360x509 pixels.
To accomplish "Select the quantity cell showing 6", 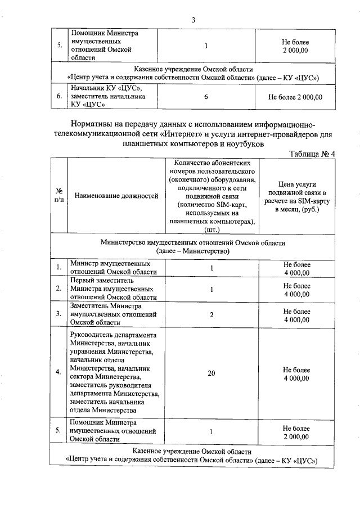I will tap(206, 97).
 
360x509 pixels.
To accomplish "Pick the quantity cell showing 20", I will tap(211, 372).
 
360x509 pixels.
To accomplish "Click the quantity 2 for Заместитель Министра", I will tap(211, 314).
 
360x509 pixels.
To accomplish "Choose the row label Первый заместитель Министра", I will tap(113, 289).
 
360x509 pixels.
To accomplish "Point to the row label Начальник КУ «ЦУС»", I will tap(108, 96).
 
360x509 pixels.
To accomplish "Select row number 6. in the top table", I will tap(59, 97).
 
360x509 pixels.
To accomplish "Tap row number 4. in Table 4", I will tap(59, 372).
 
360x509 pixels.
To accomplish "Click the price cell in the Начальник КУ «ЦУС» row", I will tap(296, 97).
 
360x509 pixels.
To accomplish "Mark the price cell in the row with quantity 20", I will tap(296, 373).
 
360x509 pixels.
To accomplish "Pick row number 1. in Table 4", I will tap(59, 268).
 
